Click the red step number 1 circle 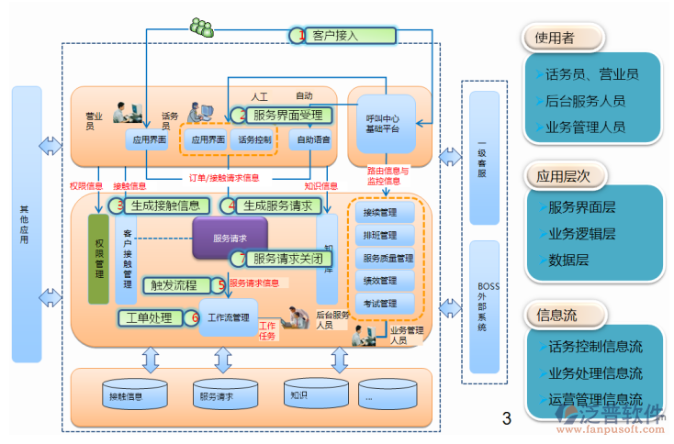[x=297, y=36]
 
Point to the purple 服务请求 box [x=230, y=238]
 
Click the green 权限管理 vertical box [x=98, y=258]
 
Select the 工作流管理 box [x=229, y=318]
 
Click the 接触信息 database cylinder [x=126, y=395]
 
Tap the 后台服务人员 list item [x=585, y=101]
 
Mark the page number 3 [x=506, y=420]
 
